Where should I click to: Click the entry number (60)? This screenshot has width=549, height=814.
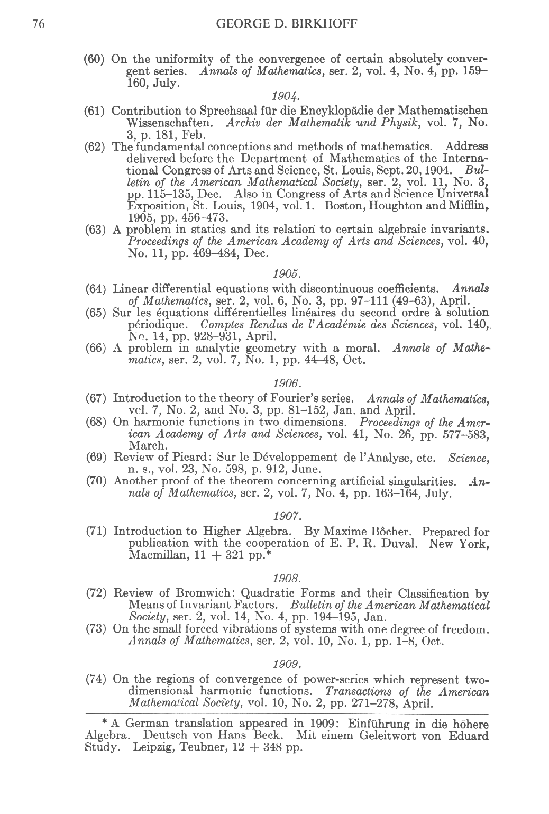[x=97, y=58]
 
